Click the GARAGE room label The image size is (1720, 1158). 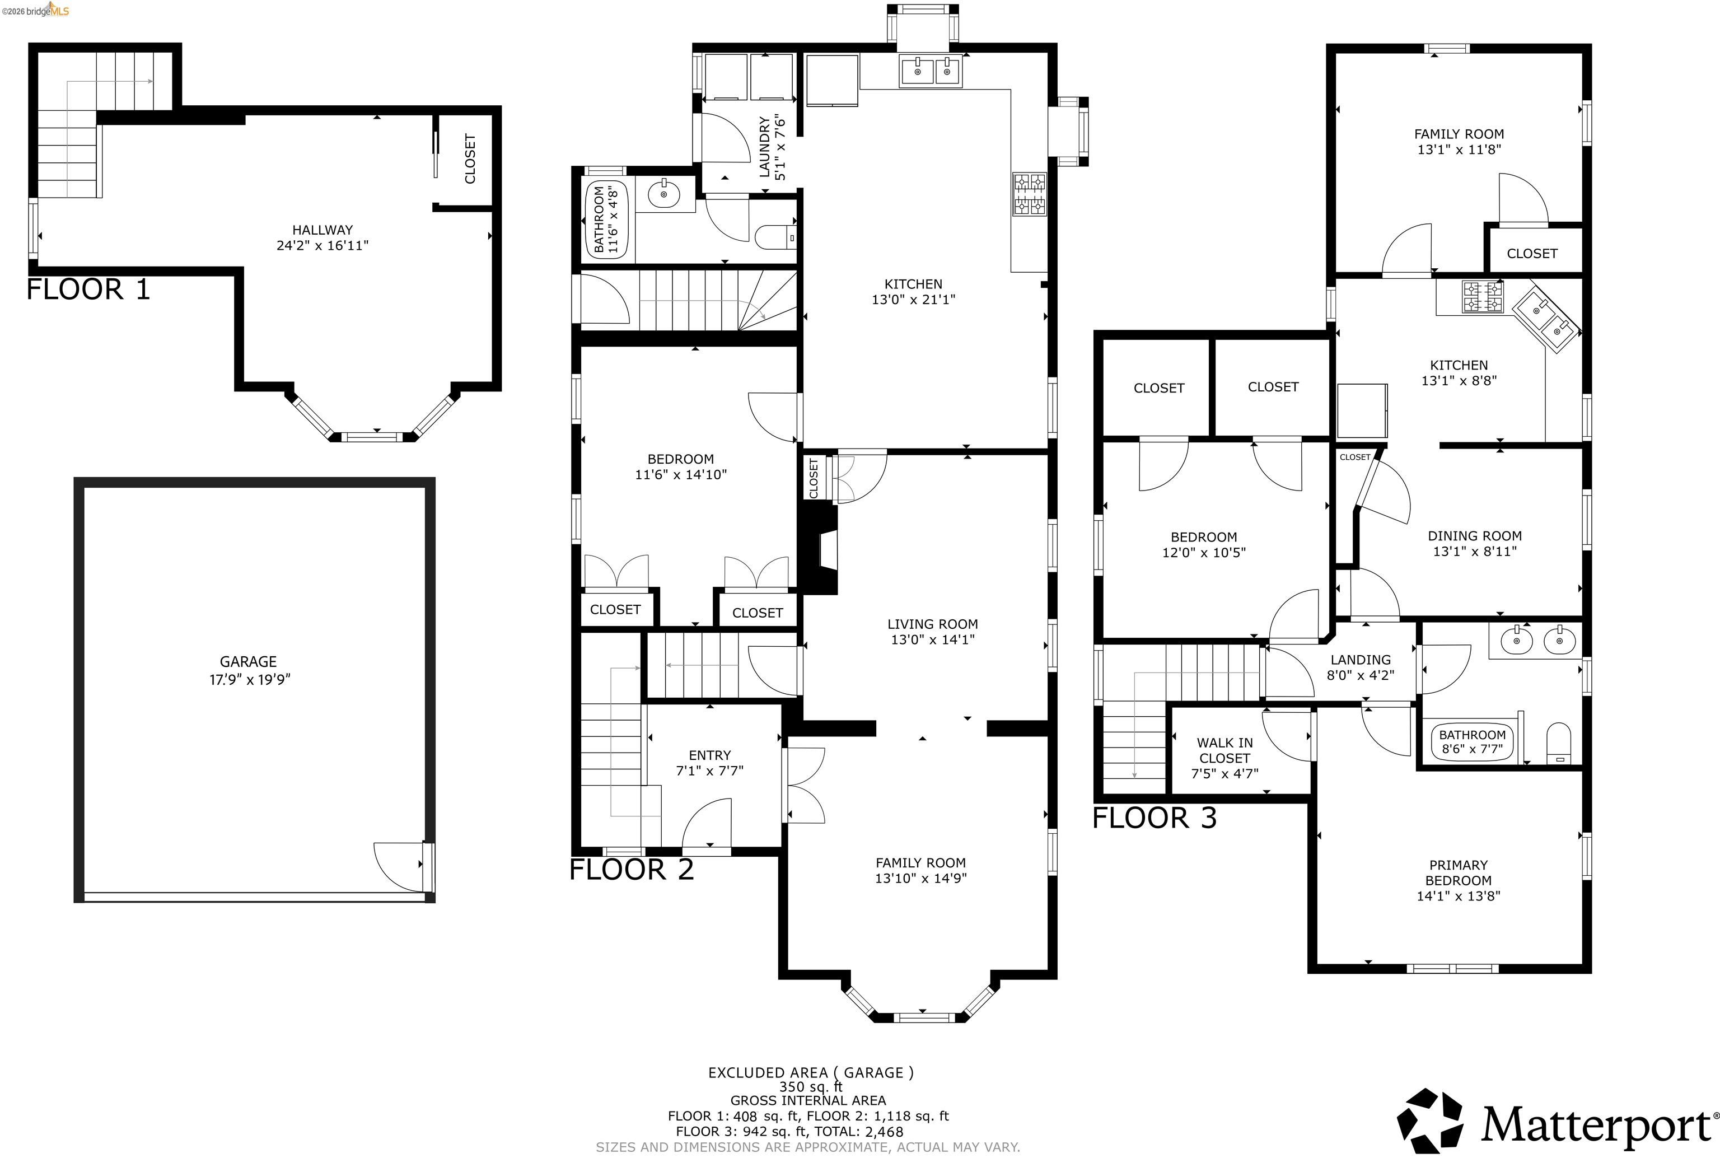click(248, 662)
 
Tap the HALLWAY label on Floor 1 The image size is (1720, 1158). click(322, 230)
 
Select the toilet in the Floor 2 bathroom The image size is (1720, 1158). click(776, 236)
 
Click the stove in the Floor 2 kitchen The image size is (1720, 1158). click(1030, 194)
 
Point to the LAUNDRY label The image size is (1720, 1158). click(765, 147)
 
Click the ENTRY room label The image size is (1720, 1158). click(710, 755)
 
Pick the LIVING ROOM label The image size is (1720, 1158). click(933, 624)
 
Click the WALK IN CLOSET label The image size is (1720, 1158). click(1224, 750)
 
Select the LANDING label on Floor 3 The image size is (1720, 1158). click(1361, 660)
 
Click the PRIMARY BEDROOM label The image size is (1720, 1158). click(1459, 872)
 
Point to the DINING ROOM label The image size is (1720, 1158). click(1475, 535)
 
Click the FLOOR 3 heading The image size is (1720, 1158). click(1155, 818)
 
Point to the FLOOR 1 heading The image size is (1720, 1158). click(88, 289)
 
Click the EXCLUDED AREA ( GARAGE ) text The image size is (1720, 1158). click(811, 1072)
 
